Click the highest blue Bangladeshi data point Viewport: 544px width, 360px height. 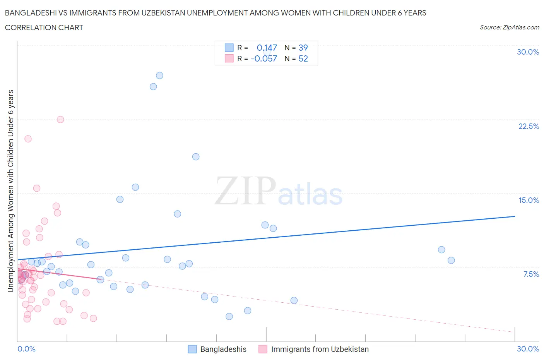click(x=159, y=75)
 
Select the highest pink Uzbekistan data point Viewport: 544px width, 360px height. click(x=60, y=120)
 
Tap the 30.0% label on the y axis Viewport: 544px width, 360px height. click(x=528, y=52)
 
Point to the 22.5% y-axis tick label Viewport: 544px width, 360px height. click(x=529, y=126)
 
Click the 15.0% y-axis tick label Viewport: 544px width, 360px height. click(x=529, y=200)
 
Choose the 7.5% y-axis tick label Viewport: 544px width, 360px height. click(x=531, y=274)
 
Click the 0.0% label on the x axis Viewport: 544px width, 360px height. click(x=26, y=349)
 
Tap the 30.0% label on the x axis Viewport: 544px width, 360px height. click(x=528, y=349)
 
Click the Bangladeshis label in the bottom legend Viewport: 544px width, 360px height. click(x=223, y=349)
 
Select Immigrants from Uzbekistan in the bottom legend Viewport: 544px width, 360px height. click(x=320, y=349)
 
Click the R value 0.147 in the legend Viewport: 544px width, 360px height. click(x=267, y=48)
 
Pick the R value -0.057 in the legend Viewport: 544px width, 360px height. click(x=264, y=58)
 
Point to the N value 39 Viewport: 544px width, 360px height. click(x=303, y=48)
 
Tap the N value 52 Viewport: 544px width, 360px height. click(x=303, y=58)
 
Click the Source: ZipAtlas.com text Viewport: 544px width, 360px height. click(x=509, y=27)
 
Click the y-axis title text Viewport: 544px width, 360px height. click(x=11, y=191)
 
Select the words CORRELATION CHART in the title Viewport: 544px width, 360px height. click(x=44, y=27)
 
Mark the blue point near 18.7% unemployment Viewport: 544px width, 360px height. click(x=196, y=157)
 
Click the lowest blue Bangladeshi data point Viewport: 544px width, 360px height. click(x=229, y=316)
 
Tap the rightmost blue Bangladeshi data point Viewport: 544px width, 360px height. click(x=451, y=260)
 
